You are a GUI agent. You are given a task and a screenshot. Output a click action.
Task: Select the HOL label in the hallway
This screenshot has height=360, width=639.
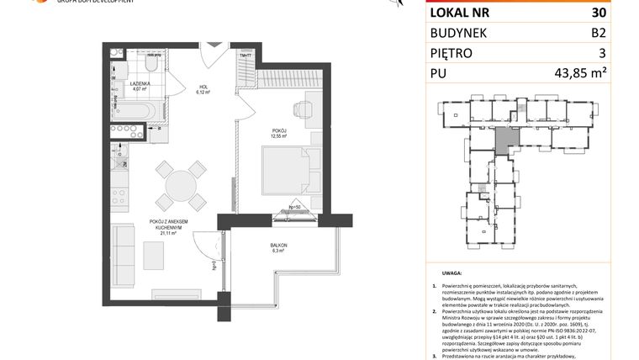point(203,87)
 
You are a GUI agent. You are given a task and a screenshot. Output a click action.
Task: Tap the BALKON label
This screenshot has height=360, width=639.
point(279,245)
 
